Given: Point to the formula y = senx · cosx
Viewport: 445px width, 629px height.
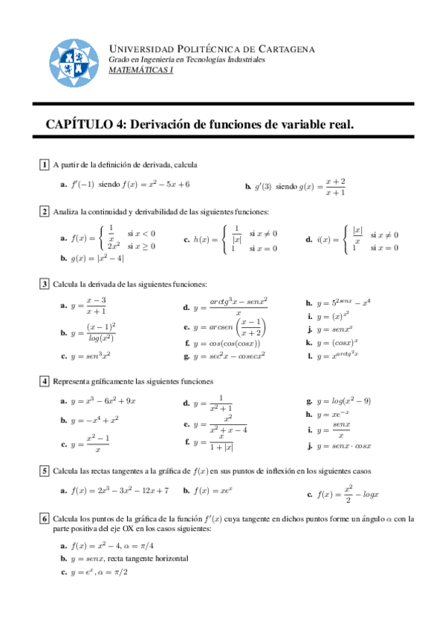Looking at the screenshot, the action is pyautogui.click(x=343, y=446).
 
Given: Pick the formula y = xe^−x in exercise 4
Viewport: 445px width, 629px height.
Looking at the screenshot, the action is pyautogui.click(x=335, y=414).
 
